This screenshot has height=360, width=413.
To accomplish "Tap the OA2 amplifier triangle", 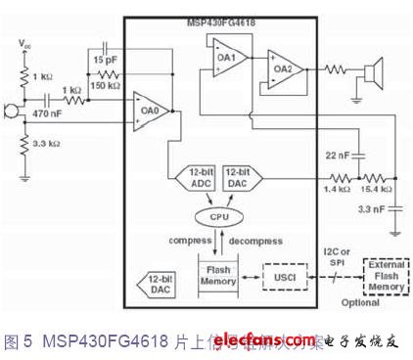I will point(282,68).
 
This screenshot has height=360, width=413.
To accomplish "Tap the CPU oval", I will point(218,216).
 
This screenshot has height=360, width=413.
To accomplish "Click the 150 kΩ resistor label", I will point(115,85).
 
